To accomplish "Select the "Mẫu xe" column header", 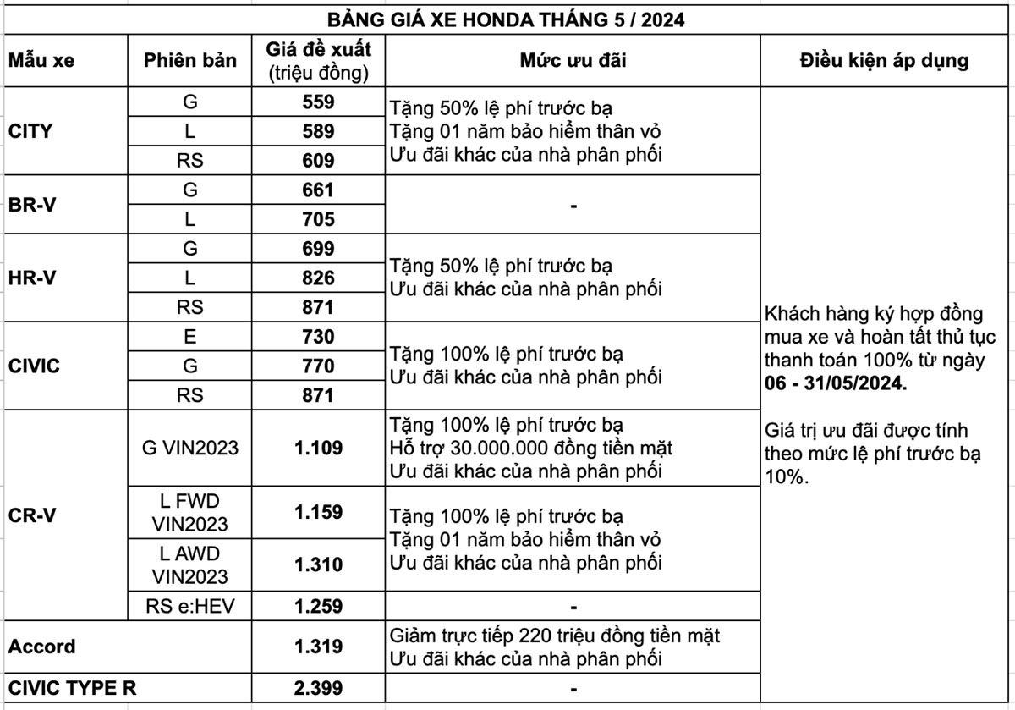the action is tap(41, 60).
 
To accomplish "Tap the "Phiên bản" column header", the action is tap(189, 60).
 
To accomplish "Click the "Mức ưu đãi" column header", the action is tap(573, 60).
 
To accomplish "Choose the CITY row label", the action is tap(30, 131).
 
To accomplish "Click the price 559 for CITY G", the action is tap(318, 102).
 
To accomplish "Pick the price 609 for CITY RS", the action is tap(318, 160).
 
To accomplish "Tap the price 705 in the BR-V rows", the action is tap(318, 219).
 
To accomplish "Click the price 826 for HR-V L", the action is tap(318, 278).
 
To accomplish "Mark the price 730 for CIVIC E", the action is tap(318, 337).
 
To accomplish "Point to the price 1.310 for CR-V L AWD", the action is tap(318, 564).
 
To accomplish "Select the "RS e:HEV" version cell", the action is tap(189, 606).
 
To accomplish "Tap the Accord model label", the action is tap(42, 647).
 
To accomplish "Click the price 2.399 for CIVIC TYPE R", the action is tap(318, 688).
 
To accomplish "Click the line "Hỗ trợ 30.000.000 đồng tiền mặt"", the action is tap(531, 447).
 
